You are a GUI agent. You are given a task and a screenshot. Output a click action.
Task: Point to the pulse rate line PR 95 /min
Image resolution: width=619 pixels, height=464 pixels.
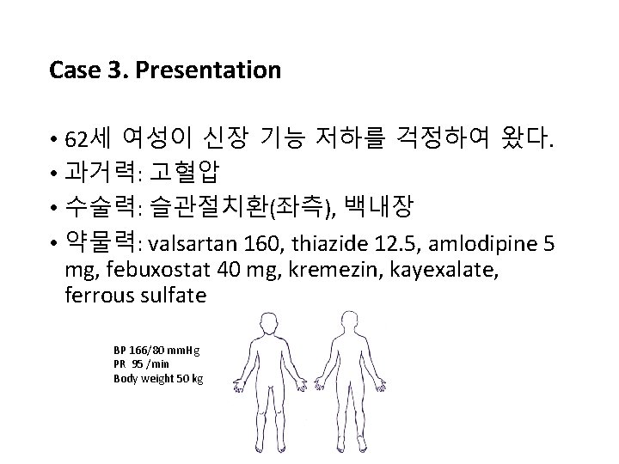pos(140,364)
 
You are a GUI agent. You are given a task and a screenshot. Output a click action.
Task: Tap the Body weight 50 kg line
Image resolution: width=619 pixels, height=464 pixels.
pos(158,378)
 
